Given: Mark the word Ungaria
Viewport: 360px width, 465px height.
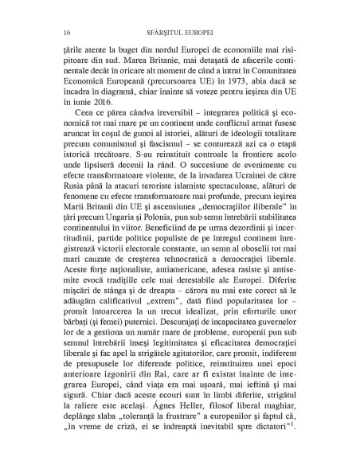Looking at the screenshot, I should click(117, 241).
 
